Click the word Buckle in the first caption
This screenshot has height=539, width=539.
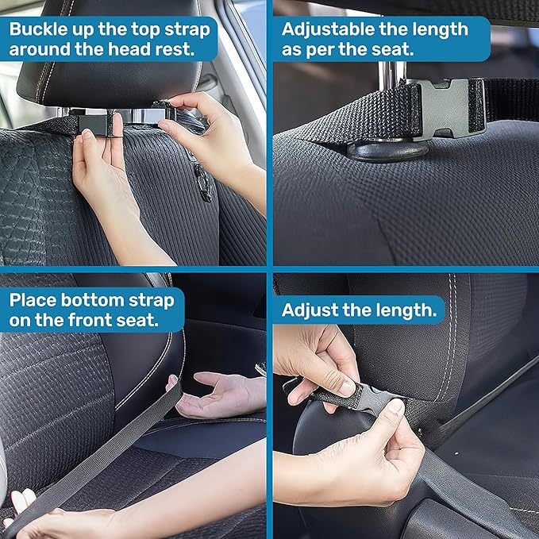pyautogui.click(x=38, y=29)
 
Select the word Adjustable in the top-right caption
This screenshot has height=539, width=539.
pyautogui.click(x=328, y=29)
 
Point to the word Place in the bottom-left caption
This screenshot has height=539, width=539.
pyautogui.click(x=33, y=300)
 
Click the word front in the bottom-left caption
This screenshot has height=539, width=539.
pyautogui.click(x=90, y=320)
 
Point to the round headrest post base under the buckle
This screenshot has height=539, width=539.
pyautogui.click(x=387, y=150)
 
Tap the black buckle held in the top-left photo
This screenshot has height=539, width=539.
pyautogui.click(x=98, y=125)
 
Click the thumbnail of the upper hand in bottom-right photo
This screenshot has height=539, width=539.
pyautogui.click(x=346, y=389)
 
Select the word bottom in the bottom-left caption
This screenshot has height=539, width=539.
pyautogui.click(x=92, y=300)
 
